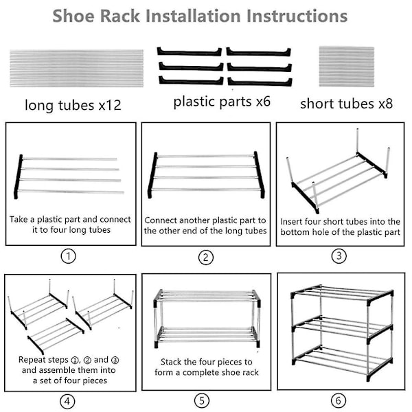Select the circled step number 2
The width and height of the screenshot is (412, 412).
click(206, 258)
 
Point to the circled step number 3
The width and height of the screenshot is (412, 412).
click(339, 255)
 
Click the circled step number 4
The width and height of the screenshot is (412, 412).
click(68, 401)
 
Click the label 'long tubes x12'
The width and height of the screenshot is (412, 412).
click(73, 105)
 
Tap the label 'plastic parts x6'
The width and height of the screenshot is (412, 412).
click(222, 102)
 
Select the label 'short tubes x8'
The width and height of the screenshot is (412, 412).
click(346, 104)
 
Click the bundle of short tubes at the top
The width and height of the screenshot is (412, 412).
click(347, 67)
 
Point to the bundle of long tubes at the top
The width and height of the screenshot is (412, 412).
click(76, 68)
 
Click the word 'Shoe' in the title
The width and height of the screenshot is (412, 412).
click(78, 16)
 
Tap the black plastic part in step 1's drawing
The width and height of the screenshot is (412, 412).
click(19, 176)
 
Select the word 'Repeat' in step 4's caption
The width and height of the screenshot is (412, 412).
click(34, 359)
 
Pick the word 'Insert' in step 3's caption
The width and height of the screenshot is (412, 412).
click(293, 222)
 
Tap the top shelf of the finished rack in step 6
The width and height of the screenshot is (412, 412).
click(341, 293)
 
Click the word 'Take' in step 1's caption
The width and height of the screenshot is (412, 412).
click(20, 220)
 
